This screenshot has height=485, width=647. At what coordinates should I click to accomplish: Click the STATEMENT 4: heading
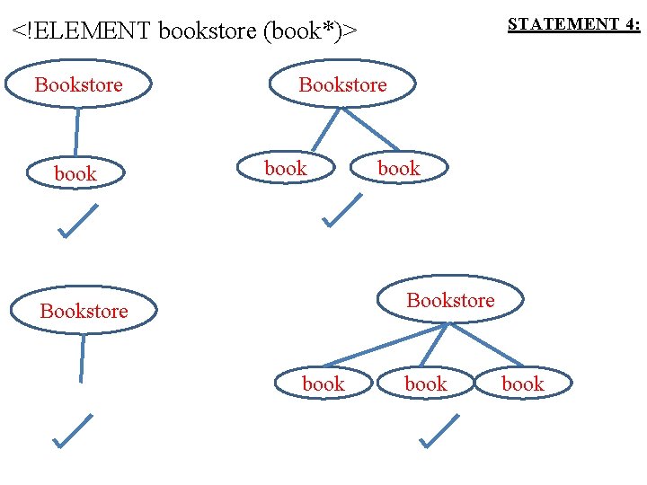573,24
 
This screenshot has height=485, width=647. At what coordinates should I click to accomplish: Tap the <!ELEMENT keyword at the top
82,31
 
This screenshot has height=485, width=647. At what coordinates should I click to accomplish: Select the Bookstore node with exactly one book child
79,84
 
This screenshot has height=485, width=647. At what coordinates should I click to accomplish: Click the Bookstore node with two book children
342,84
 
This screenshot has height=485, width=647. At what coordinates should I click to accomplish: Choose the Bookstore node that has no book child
84,311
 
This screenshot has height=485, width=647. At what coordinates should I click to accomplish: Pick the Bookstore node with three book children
450,300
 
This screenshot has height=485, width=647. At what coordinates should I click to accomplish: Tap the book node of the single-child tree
75,174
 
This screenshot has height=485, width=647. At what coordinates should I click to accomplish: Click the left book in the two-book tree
286,168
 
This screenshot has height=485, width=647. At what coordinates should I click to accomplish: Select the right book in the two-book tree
398,168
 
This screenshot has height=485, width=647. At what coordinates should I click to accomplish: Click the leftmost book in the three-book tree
323,384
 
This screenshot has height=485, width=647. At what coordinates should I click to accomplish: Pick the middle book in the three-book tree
425,384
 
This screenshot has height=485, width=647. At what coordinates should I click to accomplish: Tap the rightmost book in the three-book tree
522,384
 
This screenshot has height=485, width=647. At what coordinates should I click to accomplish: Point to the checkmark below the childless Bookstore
72,431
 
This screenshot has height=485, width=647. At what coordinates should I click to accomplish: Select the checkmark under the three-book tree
439,430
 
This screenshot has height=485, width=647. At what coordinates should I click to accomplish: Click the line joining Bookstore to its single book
77,131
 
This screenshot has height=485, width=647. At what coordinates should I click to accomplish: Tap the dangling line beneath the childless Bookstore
83,357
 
